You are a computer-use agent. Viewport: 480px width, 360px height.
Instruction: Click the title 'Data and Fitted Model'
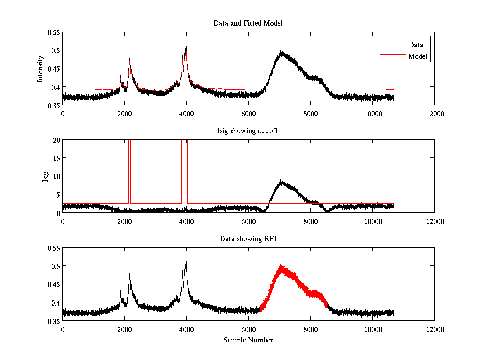point(248,23)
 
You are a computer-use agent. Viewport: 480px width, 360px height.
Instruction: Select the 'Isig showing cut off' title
point(248,131)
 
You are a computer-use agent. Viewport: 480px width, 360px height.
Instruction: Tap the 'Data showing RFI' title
point(248,239)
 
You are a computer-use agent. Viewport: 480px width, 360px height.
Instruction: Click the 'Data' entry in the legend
point(416,44)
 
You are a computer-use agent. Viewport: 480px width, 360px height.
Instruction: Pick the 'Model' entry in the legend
point(418,56)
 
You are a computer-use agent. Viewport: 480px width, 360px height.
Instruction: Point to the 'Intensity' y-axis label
point(40,69)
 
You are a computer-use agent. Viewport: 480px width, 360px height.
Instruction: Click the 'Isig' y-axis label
point(46,176)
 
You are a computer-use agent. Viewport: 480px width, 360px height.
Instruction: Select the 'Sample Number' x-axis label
point(248,340)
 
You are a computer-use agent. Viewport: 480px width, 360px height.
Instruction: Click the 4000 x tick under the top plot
point(186,114)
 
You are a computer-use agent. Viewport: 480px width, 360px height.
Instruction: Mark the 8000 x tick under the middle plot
point(310,221)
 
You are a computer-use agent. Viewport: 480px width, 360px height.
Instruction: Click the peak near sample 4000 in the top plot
point(186,45)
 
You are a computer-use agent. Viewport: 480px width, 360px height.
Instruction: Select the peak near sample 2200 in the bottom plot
point(130,270)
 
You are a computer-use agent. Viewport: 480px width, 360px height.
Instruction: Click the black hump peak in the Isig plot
point(282,181)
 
